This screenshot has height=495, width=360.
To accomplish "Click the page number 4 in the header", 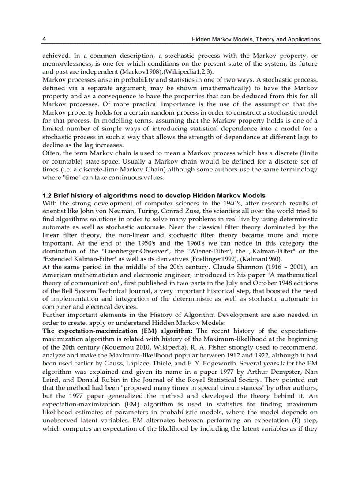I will point(44,39).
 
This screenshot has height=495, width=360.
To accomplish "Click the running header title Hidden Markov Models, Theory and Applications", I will point(255,39).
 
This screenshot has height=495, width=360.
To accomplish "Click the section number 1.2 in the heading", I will point(47,195).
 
